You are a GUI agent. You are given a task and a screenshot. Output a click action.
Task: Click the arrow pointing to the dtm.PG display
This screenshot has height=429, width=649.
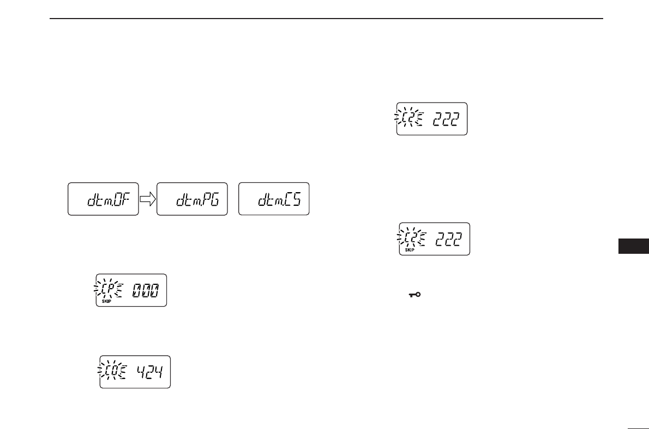[x=148, y=200]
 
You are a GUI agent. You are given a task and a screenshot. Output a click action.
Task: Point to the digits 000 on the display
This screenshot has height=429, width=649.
[x=147, y=290]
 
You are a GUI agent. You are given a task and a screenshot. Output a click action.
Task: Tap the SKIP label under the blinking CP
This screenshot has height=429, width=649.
[x=106, y=302]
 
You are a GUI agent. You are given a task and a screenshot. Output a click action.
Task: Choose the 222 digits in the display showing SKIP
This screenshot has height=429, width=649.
[x=450, y=239]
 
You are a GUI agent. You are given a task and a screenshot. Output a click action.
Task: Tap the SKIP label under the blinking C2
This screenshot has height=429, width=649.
[x=410, y=251]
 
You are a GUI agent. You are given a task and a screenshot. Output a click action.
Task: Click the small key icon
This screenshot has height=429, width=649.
[x=417, y=295]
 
